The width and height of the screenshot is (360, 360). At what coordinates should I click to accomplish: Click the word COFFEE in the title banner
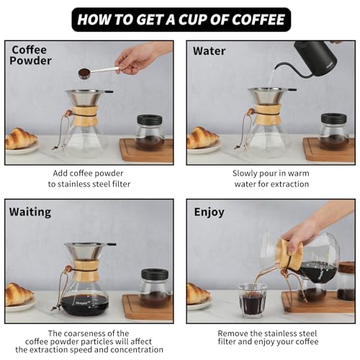click(x=258, y=19)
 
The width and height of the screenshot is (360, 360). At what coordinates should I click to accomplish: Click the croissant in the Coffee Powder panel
click(x=21, y=138)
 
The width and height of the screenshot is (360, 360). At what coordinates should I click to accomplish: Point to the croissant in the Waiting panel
click(x=19, y=294)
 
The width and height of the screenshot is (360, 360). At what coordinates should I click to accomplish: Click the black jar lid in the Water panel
click(x=334, y=118)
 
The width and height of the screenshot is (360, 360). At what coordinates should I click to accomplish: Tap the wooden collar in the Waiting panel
click(x=86, y=270)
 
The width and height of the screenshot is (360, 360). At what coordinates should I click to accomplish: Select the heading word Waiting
click(x=30, y=212)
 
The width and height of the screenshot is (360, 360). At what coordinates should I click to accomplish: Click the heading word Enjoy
click(x=209, y=212)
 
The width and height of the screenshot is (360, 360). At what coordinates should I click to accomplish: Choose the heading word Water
click(x=210, y=51)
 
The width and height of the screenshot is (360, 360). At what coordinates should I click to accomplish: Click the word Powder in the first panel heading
click(x=30, y=60)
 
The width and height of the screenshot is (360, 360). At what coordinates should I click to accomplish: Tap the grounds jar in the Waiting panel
click(x=155, y=287)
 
